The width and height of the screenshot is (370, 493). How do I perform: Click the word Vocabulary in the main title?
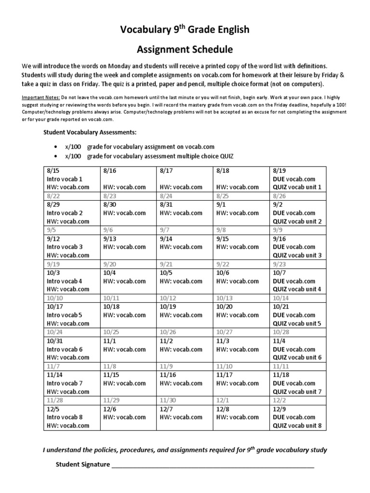pyautogui.click(x=144, y=30)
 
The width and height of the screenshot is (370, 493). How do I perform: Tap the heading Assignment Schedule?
pyautogui.click(x=185, y=49)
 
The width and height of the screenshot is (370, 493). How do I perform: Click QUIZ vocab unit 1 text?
pyautogui.click(x=297, y=187)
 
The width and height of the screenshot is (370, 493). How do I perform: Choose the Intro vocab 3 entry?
pyautogui.click(x=65, y=247)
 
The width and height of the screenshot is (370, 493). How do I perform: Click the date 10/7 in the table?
pyautogui.click(x=279, y=272)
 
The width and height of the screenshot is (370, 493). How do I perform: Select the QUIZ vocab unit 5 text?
pyautogui.click(x=297, y=324)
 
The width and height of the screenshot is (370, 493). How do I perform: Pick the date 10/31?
pyautogui.click(x=54, y=341)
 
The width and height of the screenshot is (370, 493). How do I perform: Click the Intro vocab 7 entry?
pyautogui.click(x=65, y=383)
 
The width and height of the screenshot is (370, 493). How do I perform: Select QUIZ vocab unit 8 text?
pyautogui.click(x=297, y=426)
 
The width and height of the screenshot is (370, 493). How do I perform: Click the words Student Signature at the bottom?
pyautogui.click(x=83, y=465)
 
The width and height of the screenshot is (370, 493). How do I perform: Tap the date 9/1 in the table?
pyautogui.click(x=221, y=205)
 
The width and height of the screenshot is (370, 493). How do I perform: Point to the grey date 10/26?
pyautogui.click(x=168, y=332)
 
